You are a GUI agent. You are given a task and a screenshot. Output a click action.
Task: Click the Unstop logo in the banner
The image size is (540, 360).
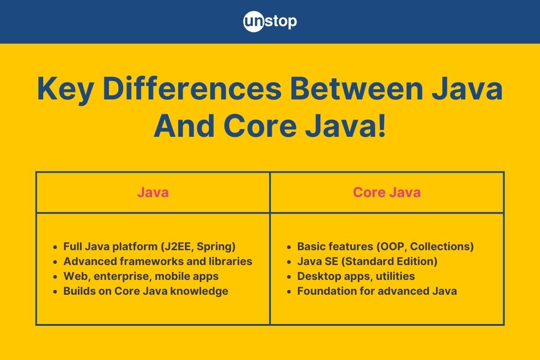270,22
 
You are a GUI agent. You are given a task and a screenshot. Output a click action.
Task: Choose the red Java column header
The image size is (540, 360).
153,193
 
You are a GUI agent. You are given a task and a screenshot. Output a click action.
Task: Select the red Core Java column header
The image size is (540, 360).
387,193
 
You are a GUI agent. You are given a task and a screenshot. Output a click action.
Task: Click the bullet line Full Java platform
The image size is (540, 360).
149,247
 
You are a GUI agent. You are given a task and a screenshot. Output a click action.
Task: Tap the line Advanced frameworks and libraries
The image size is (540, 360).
157,261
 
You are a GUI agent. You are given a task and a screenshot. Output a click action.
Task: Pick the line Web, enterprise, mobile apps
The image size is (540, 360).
141,276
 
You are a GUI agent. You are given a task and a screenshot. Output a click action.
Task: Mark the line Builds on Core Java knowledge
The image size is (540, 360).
145,291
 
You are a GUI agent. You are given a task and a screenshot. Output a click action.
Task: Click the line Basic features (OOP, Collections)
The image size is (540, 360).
385,247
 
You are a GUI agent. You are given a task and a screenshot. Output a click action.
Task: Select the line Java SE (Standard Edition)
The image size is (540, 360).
367,261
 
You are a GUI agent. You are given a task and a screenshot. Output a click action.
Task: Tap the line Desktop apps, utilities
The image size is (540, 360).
356,276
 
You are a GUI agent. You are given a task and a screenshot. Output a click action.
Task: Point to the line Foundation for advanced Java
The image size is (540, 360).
377,291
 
